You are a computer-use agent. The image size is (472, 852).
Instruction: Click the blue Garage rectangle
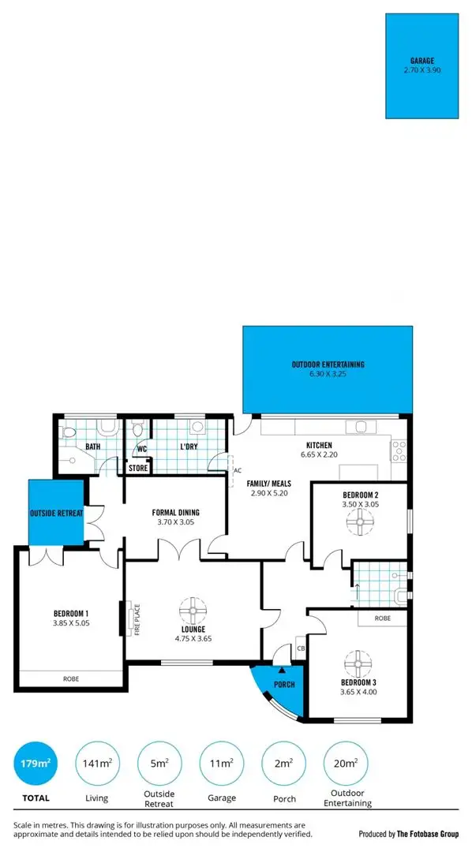[424, 66]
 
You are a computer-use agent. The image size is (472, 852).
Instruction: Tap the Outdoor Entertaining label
[328, 365]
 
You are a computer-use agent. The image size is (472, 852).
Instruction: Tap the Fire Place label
[137, 618]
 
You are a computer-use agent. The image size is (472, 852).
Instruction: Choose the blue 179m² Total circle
[34, 763]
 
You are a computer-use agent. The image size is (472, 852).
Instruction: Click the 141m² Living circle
[96, 763]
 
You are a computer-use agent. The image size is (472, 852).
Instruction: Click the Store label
[138, 468]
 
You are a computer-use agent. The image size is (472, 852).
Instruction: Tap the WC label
[142, 450]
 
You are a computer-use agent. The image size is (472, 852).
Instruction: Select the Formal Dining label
[174, 512]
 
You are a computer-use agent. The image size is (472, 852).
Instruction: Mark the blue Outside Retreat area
[57, 513]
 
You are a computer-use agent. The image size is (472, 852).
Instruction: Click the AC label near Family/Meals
[237, 471]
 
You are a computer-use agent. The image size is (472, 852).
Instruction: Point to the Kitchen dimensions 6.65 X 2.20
[320, 455]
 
